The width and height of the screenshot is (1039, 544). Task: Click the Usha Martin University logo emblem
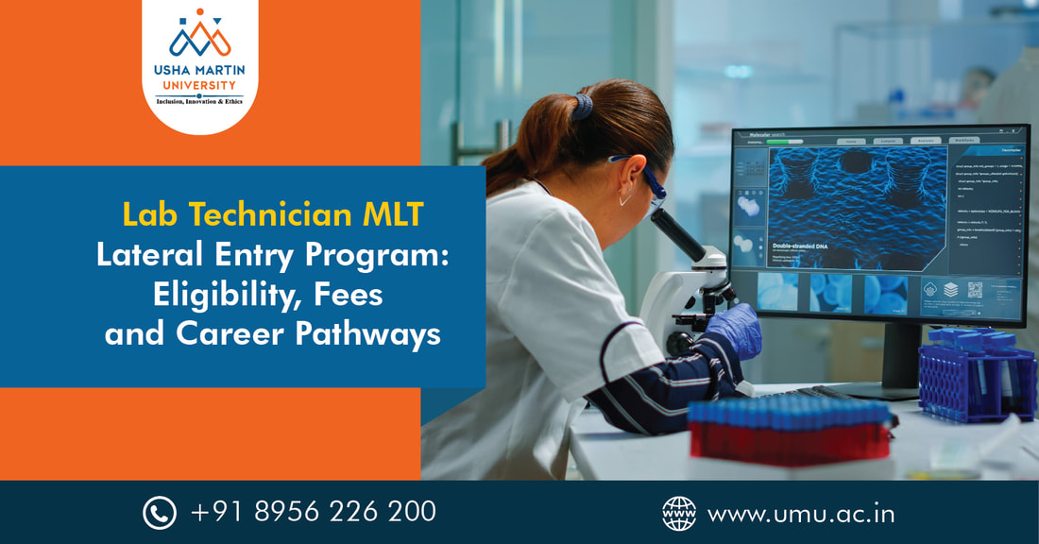[x=200, y=35]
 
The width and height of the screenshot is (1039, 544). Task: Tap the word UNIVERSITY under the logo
[x=200, y=85]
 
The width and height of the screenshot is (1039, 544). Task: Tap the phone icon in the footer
[x=160, y=513]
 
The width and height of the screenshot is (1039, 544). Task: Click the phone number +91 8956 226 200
[x=314, y=512]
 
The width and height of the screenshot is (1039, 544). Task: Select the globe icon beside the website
[x=678, y=513]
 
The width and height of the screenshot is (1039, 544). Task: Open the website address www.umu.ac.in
[x=801, y=513]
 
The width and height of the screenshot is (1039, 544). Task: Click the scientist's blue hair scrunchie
[x=583, y=106]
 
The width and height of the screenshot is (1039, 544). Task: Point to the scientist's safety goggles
[x=645, y=182]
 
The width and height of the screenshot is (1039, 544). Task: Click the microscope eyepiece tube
[x=678, y=233]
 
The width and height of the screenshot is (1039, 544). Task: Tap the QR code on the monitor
[x=975, y=289]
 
